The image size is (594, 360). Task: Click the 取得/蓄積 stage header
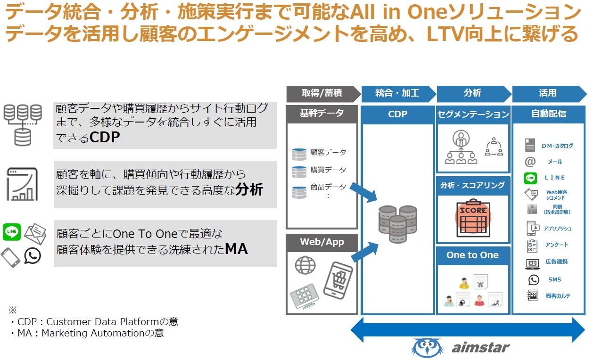pyautogui.click(x=322, y=93)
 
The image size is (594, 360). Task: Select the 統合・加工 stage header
pyautogui.click(x=397, y=93)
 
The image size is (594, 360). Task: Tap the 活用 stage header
pyautogui.click(x=547, y=93)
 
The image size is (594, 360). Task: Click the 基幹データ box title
pyautogui.click(x=322, y=114)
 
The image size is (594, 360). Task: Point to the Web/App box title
pyautogui.click(x=322, y=242)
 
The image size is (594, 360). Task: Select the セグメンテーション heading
pyautogui.click(x=473, y=114)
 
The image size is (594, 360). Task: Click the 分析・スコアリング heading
pyautogui.click(x=473, y=185)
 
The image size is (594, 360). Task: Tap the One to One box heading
pyautogui.click(x=472, y=255)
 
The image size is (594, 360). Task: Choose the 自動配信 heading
pyautogui.click(x=549, y=114)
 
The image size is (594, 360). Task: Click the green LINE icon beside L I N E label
pyautogui.click(x=531, y=178)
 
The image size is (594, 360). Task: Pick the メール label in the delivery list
pyautogui.click(x=554, y=162)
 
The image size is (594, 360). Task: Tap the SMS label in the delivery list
pyautogui.click(x=555, y=279)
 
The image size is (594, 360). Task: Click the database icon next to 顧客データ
pyautogui.click(x=299, y=154)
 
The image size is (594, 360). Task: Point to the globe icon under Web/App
pyautogui.click(x=305, y=265)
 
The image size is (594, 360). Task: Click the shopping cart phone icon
pyautogui.click(x=338, y=279)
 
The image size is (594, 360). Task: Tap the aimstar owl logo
pyautogui.click(x=427, y=348)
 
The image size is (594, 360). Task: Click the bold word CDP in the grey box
pyautogui.click(x=105, y=138)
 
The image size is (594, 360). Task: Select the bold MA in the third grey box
pyautogui.click(x=236, y=249)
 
